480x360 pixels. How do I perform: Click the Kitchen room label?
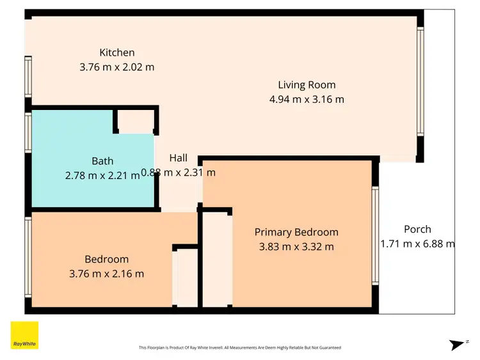point(117,52)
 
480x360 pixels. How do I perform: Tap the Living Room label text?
point(307,84)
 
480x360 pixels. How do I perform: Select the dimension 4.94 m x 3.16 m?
point(307,99)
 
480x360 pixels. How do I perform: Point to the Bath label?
point(102,161)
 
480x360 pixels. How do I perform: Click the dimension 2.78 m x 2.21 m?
point(102,176)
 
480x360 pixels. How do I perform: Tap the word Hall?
point(179,158)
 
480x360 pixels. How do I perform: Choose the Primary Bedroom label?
point(296,232)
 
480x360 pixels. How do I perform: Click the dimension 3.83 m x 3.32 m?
point(296,247)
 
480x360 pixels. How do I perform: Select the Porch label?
point(417,229)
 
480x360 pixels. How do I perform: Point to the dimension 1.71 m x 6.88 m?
point(417,244)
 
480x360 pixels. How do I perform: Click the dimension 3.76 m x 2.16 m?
point(106,274)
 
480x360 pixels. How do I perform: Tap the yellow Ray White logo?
point(24,335)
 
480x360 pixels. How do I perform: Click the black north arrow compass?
point(456,345)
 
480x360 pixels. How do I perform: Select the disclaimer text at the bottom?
point(240,347)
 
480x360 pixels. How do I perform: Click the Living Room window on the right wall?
point(420,81)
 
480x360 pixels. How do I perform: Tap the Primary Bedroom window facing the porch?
point(375,235)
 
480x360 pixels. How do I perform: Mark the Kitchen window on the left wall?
point(28,77)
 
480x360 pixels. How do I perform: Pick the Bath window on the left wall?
point(28,132)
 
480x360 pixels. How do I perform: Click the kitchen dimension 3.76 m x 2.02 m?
point(117,67)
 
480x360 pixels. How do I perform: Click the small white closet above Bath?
point(136,121)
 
